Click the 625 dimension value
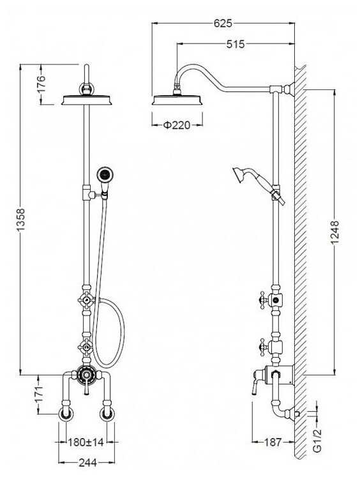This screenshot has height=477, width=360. [223, 24]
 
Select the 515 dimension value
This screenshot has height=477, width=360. [236, 45]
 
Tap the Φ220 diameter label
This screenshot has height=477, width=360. [177, 125]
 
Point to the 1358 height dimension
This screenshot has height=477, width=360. [20, 219]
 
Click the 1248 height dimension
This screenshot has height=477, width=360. [334, 232]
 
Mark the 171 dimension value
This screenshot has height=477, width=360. [39, 394]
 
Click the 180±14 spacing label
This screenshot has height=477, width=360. [86, 442]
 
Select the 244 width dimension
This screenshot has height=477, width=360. [88, 463]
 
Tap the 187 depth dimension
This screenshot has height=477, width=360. [273, 442]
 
